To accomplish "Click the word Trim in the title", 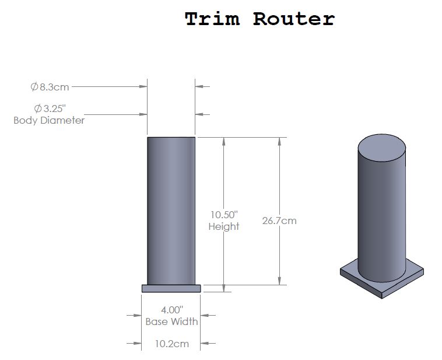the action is [212, 19].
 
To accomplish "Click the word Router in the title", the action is [294, 19].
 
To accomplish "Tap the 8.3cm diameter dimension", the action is [50, 87].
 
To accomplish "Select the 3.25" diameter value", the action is [50, 109].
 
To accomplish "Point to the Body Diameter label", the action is [49, 120].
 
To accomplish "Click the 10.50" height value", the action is [224, 215].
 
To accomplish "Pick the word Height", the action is [224, 226].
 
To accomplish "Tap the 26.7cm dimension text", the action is [279, 221].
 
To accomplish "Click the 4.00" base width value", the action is [172, 310].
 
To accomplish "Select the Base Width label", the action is [171, 321].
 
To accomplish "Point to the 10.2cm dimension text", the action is [172, 344].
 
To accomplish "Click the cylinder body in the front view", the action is [171, 211].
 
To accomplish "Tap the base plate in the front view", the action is [171, 288].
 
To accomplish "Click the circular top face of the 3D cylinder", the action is [382, 148].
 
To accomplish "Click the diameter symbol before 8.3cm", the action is [34, 87].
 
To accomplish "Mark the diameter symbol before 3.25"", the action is [38, 109].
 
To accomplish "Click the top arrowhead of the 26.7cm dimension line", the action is [279, 142].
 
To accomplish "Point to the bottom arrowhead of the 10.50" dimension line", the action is [224, 288].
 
